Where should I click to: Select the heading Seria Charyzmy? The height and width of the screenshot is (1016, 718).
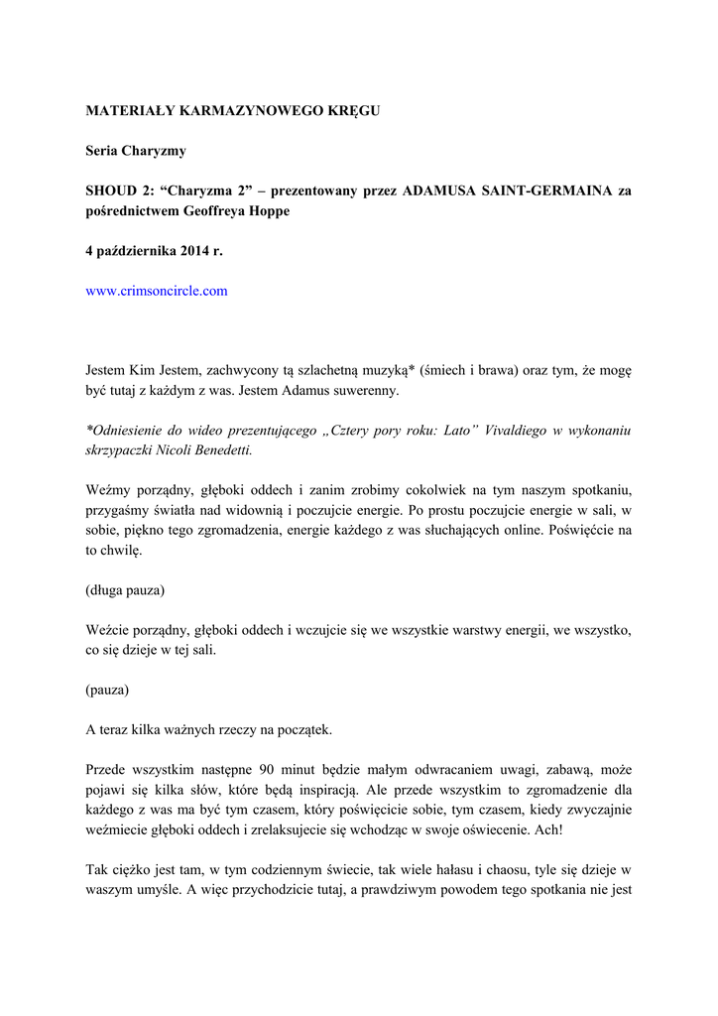(x=136, y=151)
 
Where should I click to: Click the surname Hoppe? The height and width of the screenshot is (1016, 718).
(x=266, y=211)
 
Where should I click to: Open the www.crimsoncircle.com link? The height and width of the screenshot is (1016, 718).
(x=157, y=291)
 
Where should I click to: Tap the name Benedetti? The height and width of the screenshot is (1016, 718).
(x=218, y=450)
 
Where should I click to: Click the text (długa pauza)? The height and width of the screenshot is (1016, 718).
(x=125, y=590)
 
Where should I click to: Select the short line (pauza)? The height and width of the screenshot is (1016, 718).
(x=107, y=690)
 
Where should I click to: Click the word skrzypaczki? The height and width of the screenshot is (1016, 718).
(x=121, y=450)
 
